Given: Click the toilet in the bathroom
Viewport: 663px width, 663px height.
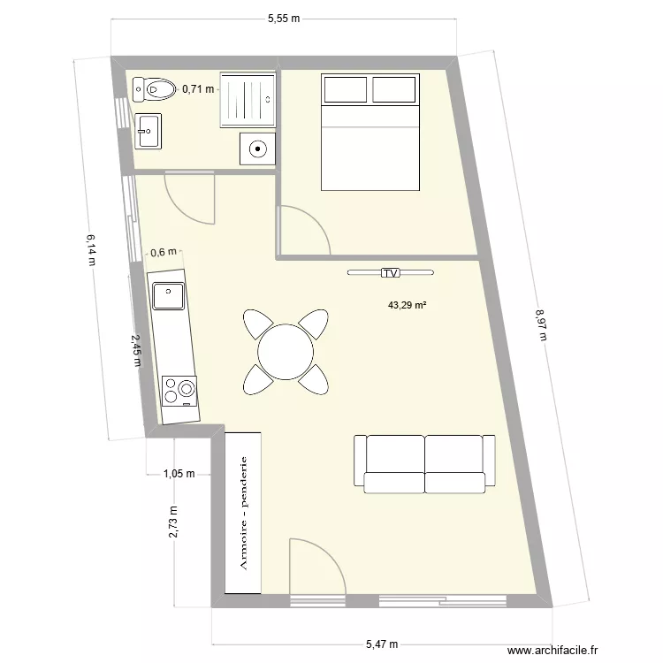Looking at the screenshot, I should tap(153, 88).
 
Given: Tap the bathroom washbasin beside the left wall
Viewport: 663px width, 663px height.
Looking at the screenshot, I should tap(148, 132).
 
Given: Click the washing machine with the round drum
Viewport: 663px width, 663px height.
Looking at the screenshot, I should tap(257, 149).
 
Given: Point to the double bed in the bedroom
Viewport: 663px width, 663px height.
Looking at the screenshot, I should tap(370, 133).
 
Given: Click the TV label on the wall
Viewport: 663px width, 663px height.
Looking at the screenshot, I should tap(390, 273).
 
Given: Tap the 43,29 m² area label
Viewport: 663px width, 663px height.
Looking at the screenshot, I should tap(408, 306).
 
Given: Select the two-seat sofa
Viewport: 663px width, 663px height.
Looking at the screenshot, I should tap(424, 462).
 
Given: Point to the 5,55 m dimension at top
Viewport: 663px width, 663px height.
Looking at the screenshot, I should tap(283, 17).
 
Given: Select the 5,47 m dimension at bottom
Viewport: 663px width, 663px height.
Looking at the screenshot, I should tap(381, 644).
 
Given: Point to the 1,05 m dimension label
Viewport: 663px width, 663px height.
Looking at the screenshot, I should tap(179, 474).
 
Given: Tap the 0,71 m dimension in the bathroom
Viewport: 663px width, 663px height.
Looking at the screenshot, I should tap(198, 88).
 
